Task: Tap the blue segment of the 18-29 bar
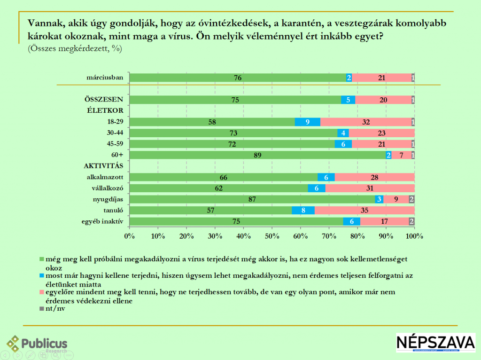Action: [307, 122]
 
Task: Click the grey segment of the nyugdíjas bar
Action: [411, 199]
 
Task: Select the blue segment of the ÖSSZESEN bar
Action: [348, 100]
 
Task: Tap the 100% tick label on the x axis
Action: [414, 235]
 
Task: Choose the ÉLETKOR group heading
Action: [104, 111]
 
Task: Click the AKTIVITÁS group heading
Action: [103, 166]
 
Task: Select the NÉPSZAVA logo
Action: [435, 344]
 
